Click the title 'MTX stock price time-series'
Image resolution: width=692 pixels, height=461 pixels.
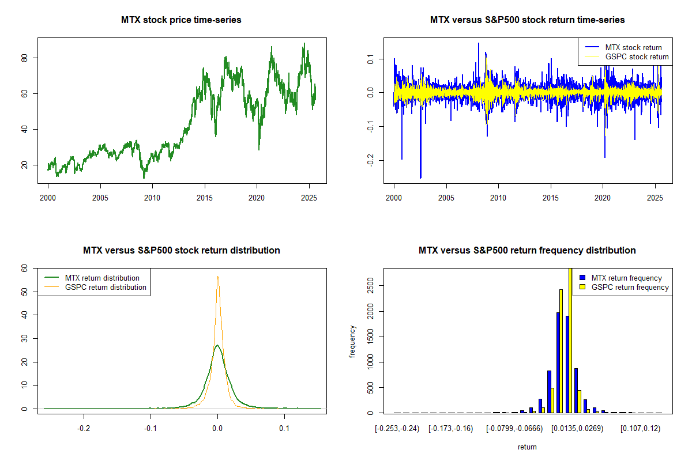coord(181,20)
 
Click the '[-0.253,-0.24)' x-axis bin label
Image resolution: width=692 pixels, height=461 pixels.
coord(395,429)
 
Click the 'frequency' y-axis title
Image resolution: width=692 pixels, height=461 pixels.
coord(353,341)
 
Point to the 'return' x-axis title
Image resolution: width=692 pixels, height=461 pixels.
coord(527,447)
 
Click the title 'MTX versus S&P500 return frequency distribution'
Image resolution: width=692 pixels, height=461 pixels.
coord(527,251)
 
